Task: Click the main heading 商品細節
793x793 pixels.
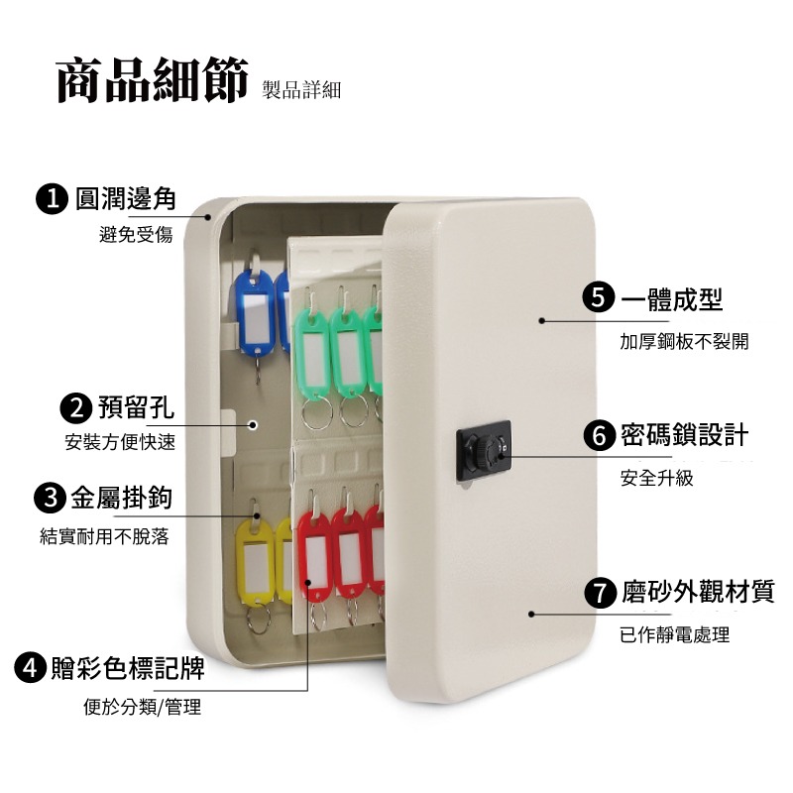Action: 153,81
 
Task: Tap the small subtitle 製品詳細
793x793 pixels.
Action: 301,90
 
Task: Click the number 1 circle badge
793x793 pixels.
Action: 52,199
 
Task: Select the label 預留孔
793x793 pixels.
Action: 136,407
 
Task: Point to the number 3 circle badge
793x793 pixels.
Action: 50,498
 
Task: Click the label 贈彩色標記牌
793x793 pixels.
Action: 128,667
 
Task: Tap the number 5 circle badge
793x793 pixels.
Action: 599,298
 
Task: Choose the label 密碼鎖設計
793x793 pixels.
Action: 684,435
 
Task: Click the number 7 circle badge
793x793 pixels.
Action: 601,592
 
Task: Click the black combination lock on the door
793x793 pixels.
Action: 484,451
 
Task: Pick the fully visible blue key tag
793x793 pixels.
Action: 254,313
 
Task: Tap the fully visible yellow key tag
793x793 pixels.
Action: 256,560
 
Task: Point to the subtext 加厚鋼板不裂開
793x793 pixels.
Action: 684,342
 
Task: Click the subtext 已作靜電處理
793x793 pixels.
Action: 675,634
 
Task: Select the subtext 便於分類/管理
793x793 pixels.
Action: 142,707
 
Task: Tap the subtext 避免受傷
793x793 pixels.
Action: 136,234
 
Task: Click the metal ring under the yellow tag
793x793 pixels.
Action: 259,618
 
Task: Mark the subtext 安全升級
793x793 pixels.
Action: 657,478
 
